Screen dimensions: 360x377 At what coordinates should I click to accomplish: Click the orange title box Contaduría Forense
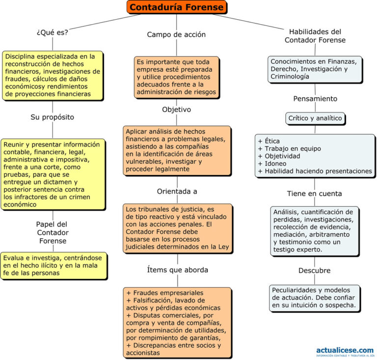[177, 7]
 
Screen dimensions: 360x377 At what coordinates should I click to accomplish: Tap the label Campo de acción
[176, 34]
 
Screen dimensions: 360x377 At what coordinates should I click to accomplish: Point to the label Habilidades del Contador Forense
[315, 35]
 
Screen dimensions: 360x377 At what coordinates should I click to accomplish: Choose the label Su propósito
[53, 117]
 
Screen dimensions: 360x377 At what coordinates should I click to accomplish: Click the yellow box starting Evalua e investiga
[54, 266]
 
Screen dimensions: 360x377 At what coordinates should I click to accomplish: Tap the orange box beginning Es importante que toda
[177, 77]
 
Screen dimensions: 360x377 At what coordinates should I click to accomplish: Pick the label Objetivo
[176, 110]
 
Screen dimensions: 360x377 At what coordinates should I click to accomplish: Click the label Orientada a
[176, 191]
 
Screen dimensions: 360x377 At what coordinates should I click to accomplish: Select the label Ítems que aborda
[177, 270]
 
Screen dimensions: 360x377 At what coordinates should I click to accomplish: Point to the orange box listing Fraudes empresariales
[177, 322]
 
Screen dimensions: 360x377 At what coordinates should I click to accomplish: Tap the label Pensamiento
[315, 98]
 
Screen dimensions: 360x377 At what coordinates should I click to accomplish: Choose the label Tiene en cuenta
[315, 194]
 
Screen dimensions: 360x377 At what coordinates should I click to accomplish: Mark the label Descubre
[315, 271]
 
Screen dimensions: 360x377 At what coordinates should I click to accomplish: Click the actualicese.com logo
[344, 351]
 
